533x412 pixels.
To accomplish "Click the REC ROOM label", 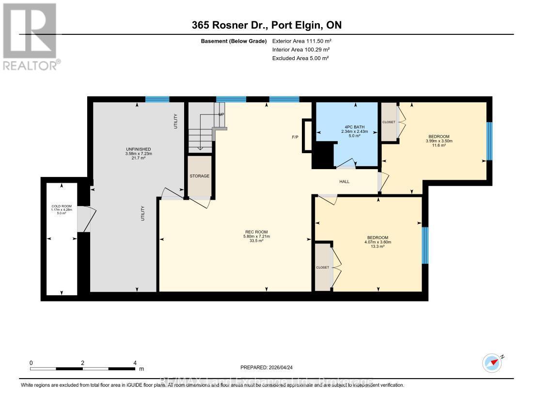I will tap(256, 232).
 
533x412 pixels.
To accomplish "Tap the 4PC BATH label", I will tap(355, 127).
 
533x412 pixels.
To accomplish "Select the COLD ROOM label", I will tap(62, 206).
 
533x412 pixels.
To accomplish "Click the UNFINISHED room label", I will tap(138, 149).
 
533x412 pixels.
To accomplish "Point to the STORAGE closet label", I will tap(200, 176).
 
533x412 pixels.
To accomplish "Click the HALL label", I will tap(344, 182).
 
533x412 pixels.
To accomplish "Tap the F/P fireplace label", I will tap(295, 137).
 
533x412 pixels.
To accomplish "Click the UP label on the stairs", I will tap(221, 114).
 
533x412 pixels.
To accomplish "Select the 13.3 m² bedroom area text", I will tap(377, 247).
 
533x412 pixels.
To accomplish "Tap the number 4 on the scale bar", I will tap(135, 363).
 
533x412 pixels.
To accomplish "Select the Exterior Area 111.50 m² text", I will tap(302, 42).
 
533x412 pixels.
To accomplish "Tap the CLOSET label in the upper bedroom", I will tap(388, 122).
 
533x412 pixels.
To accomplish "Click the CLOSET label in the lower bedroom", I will tap(323, 268).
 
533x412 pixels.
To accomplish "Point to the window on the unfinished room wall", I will tap(157, 99).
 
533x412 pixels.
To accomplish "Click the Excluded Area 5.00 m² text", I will tap(300, 58).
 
